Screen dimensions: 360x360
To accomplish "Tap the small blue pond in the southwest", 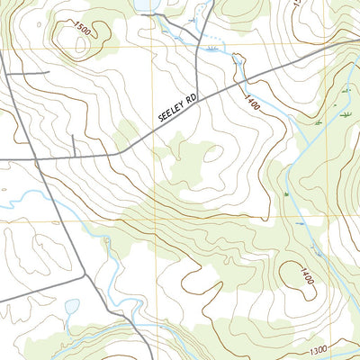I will point(72,307).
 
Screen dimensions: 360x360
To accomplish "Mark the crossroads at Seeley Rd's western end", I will point(33,159).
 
